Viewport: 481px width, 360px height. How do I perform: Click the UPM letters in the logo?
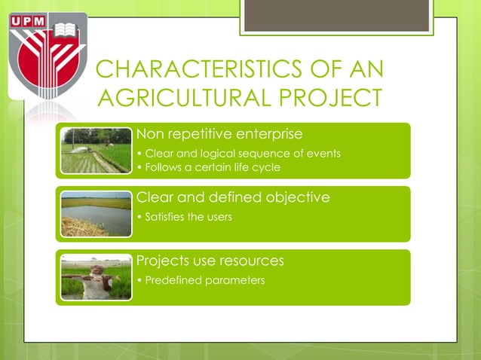[x=29, y=20]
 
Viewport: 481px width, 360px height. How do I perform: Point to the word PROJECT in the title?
[x=335, y=99]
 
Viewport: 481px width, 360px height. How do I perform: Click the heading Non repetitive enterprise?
[x=219, y=135]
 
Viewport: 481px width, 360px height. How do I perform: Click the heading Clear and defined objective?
[x=232, y=198]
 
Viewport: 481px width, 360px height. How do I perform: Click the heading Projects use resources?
[x=210, y=261]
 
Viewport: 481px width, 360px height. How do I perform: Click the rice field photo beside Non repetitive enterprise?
[x=96, y=151]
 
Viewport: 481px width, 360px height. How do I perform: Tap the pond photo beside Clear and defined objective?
[x=96, y=214]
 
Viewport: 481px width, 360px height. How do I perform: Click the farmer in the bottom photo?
[x=96, y=279]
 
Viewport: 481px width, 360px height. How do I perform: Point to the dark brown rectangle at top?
[x=336, y=15]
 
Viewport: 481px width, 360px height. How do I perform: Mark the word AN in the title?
[x=366, y=70]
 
